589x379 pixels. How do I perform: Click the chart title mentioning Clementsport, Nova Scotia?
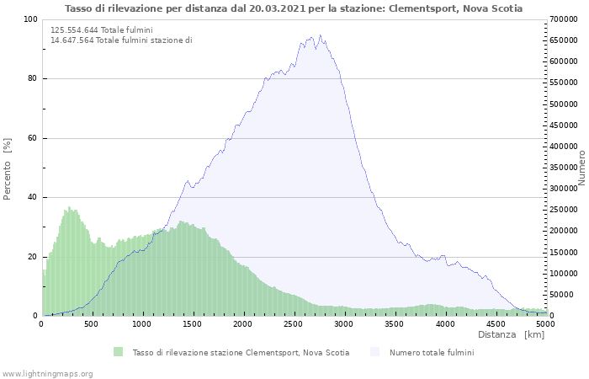[294, 8]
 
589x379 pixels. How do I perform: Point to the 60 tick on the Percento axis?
[32, 138]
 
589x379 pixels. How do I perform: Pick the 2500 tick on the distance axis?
[294, 323]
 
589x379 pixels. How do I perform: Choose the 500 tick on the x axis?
[93, 323]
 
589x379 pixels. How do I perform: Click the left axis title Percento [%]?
[8, 168]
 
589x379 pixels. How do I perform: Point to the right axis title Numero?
[581, 168]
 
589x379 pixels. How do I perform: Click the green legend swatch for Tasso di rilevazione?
[118, 352]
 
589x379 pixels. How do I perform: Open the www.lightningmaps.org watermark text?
[47, 373]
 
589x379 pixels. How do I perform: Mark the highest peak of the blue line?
[320, 35]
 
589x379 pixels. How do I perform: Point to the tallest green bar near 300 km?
[69, 207]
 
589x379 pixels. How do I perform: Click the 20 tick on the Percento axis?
[32, 257]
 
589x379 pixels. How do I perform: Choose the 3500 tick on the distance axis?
[395, 323]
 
